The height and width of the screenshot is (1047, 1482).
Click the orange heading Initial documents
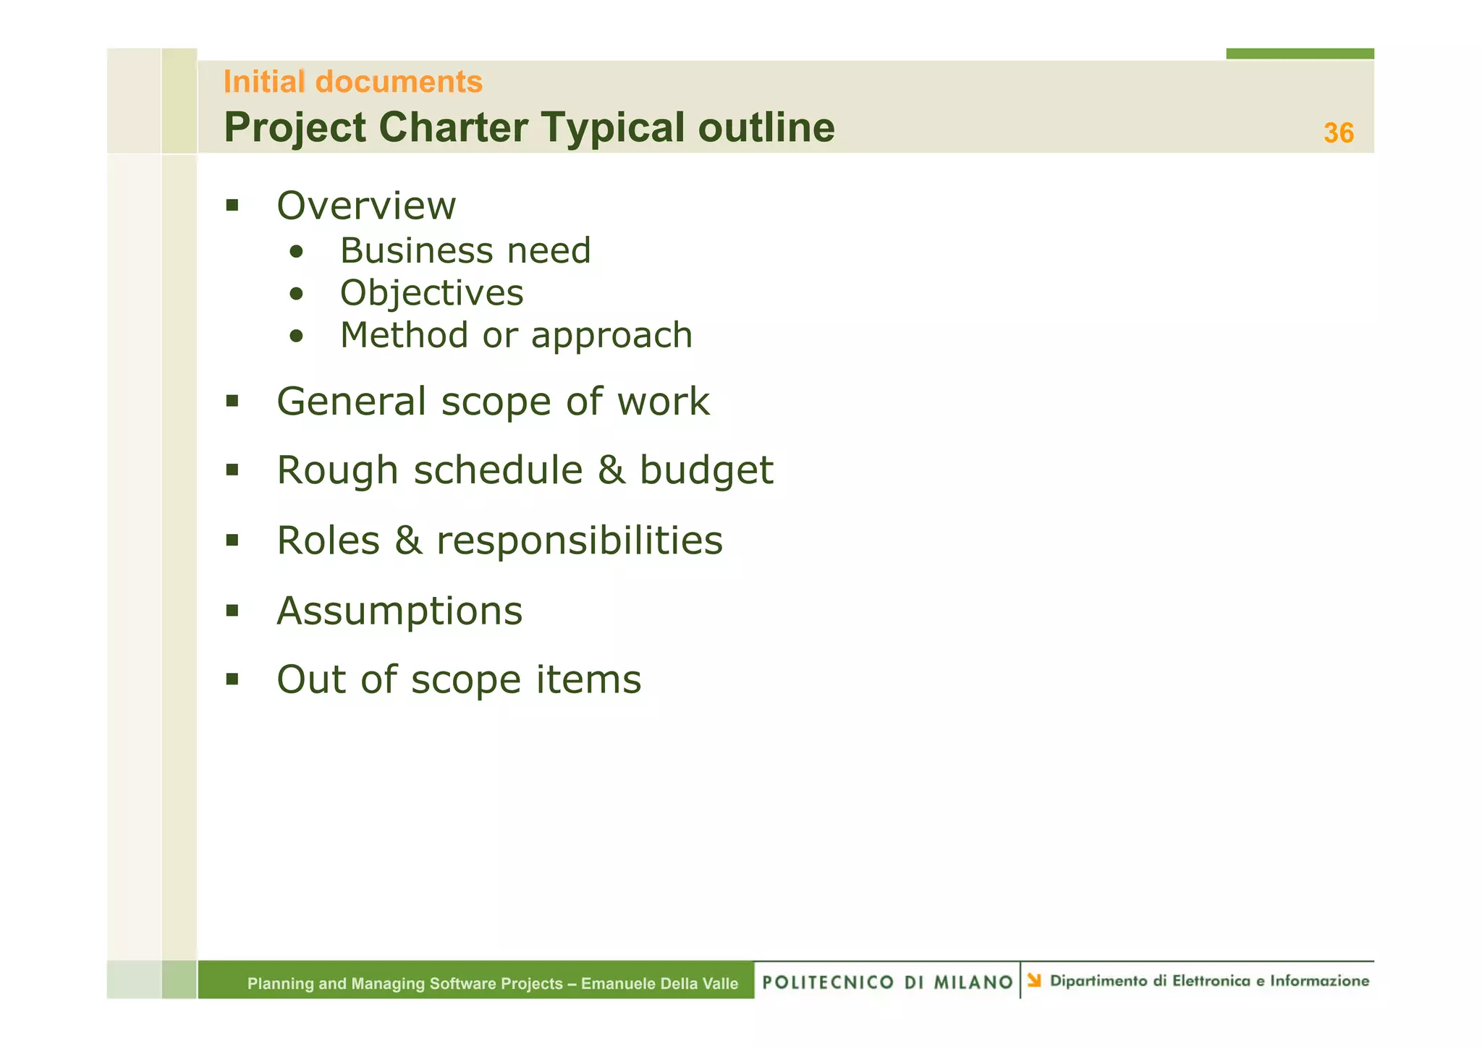coord(352,82)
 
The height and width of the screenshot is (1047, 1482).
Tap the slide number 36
coord(1338,133)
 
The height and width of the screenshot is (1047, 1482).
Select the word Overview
coord(366,206)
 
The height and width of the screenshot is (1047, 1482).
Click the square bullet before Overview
coord(232,205)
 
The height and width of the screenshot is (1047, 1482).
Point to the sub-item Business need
coord(465,251)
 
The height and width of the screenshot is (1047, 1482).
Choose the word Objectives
coord(431,293)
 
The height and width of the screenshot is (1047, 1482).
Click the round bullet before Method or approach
coord(295,336)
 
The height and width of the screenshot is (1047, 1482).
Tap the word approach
coord(611,336)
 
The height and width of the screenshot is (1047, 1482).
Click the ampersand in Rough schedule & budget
coord(611,470)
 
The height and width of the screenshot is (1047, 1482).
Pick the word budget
coord(706,471)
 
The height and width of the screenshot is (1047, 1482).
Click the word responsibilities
coord(579,541)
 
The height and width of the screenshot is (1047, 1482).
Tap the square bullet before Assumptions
coord(232,610)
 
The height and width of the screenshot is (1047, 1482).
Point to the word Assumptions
coord(399,611)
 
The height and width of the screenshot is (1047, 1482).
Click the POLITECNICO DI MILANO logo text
coord(887,982)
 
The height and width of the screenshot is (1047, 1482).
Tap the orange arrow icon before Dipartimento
coord(1034,980)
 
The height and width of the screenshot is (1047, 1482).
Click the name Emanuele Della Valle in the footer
coord(659,983)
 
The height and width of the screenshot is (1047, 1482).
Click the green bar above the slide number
coord(1300,54)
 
